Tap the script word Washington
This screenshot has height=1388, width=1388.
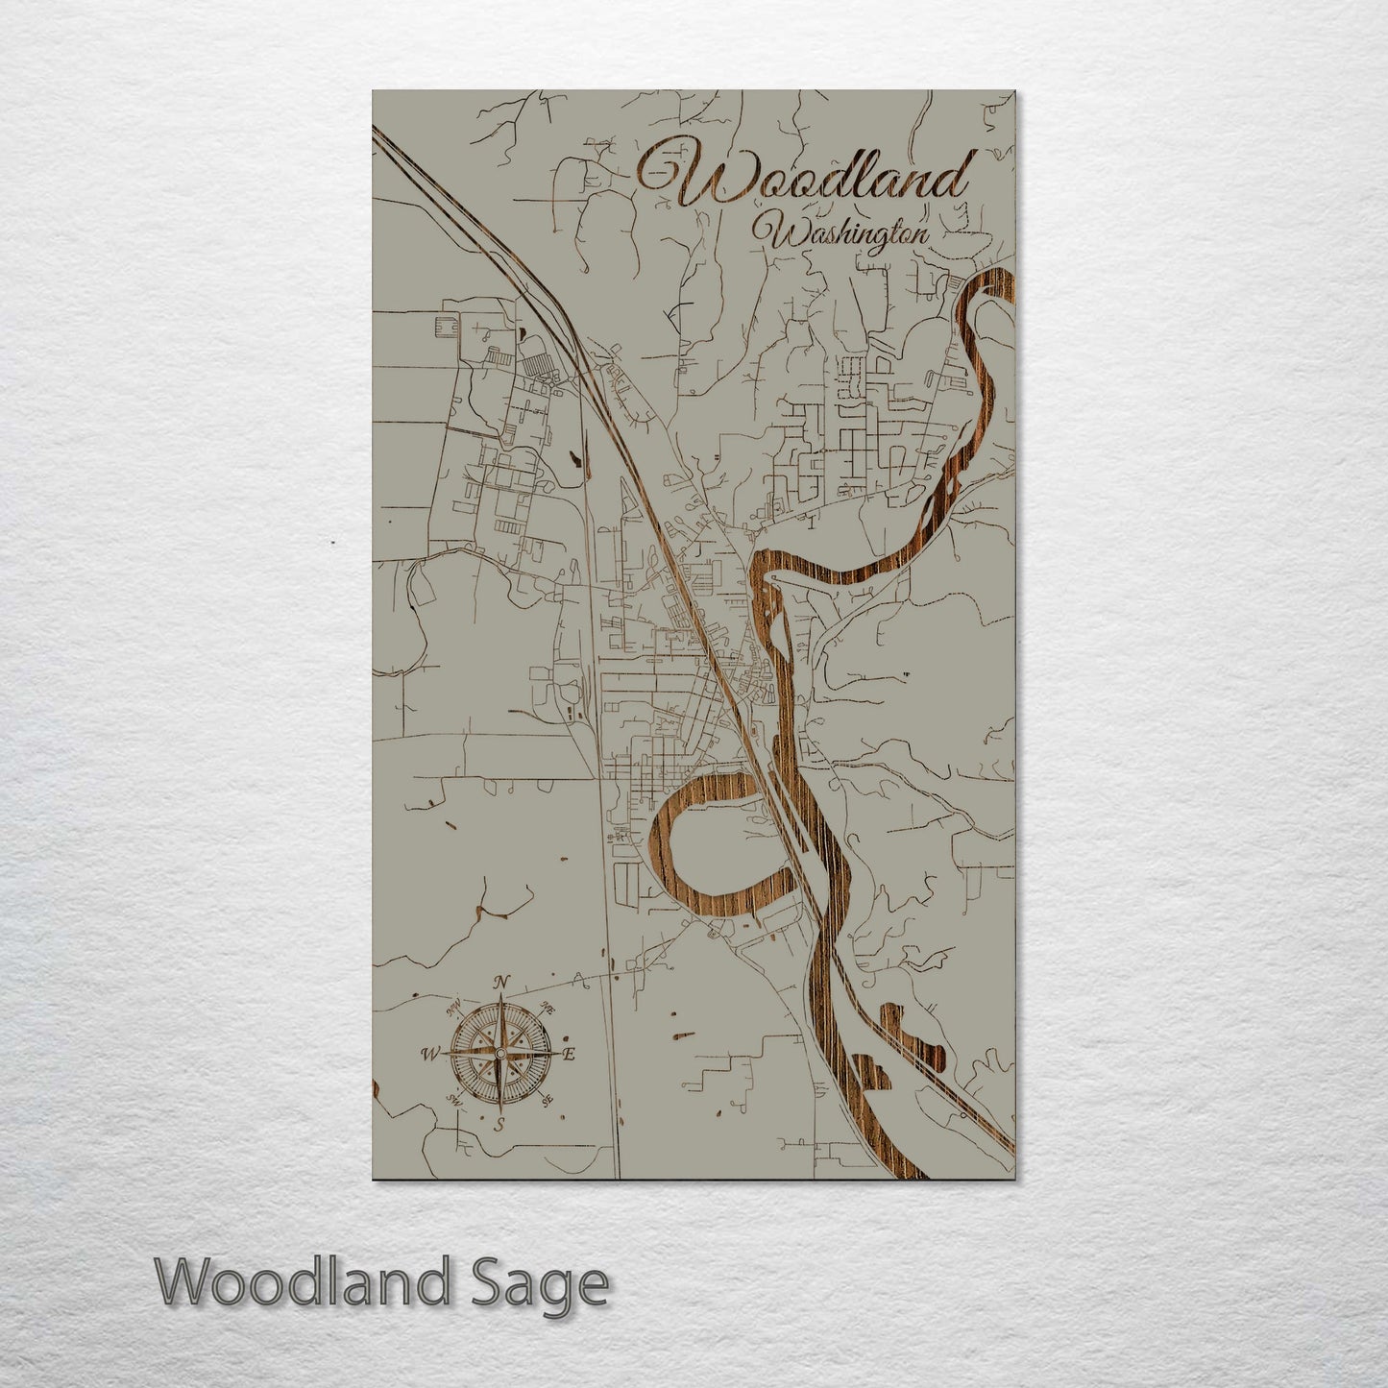[x=843, y=233]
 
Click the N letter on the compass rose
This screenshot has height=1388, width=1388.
[x=499, y=982]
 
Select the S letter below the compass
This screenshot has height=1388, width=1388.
[x=499, y=1125]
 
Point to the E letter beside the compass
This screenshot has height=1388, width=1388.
[x=569, y=1055]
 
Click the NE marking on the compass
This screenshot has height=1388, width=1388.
[x=548, y=1008]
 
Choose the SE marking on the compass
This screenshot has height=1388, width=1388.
[x=548, y=1101]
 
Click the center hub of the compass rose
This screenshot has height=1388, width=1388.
[x=499, y=1054]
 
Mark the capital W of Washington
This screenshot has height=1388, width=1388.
[x=771, y=232]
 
